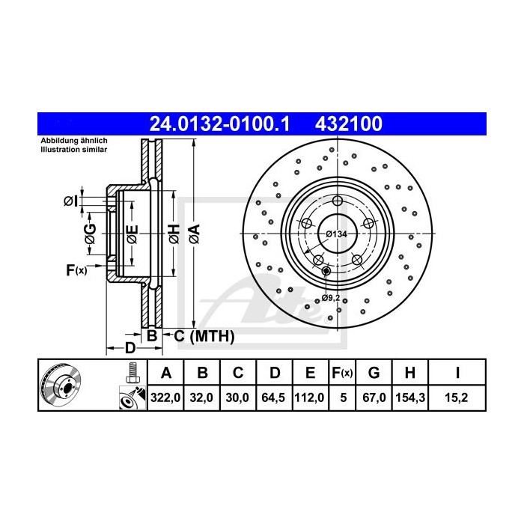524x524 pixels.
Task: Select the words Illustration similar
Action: point(73,150)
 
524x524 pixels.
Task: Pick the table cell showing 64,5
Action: point(274,399)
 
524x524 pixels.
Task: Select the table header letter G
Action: point(376,373)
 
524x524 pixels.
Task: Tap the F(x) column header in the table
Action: point(342,373)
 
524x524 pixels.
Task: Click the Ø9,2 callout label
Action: point(331,298)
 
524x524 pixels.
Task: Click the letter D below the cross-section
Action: point(130,347)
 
